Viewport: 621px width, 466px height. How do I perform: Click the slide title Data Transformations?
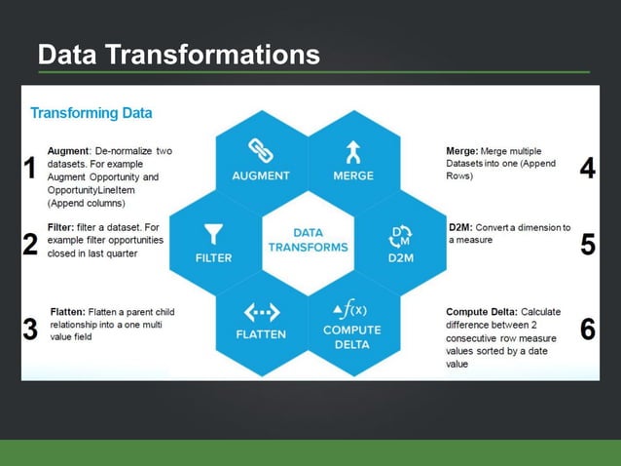click(178, 55)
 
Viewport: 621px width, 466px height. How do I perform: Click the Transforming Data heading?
click(91, 112)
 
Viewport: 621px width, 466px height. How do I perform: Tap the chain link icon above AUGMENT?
click(260, 149)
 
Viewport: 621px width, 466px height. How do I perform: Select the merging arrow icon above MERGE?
click(352, 150)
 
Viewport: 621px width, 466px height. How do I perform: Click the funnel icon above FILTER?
click(213, 235)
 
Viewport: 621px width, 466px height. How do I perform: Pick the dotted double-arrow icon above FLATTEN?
click(261, 311)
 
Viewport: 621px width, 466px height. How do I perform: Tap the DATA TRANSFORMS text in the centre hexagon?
click(307, 240)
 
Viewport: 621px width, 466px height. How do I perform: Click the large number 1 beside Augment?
click(31, 170)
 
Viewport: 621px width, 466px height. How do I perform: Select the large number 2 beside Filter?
click(31, 244)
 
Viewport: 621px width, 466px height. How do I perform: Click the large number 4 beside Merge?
click(587, 169)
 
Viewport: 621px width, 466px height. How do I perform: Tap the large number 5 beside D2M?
click(587, 244)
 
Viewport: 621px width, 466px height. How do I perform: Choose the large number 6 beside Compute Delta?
click(587, 330)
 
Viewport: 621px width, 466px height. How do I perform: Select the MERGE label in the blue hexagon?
click(352, 176)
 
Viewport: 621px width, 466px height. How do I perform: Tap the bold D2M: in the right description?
click(459, 227)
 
